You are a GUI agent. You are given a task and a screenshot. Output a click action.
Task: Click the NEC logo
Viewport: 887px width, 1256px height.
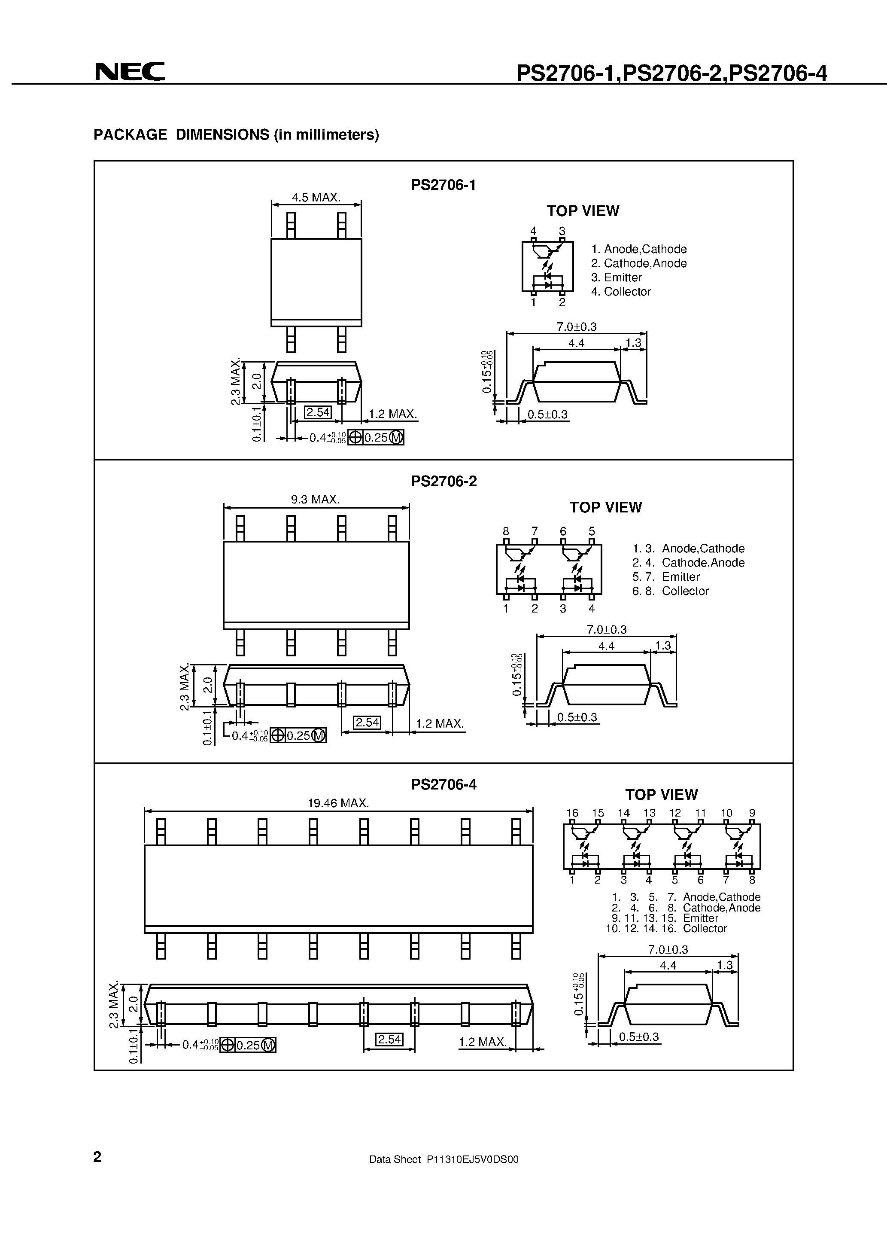pos(130,72)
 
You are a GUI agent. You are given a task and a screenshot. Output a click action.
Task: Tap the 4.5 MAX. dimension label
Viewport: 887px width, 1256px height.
pos(316,198)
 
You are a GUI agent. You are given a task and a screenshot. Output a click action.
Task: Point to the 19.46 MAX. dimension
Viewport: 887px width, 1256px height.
pos(338,803)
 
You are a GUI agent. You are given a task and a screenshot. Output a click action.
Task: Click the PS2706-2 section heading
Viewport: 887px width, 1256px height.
pos(443,482)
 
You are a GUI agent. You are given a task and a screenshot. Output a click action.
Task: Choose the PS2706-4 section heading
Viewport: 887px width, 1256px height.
pos(443,784)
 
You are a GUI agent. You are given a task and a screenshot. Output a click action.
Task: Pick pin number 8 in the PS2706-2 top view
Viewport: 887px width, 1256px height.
pos(506,531)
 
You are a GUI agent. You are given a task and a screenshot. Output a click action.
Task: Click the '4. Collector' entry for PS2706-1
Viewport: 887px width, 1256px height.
pos(621,292)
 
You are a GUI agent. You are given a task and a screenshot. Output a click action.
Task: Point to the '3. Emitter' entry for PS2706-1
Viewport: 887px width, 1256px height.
pos(617,277)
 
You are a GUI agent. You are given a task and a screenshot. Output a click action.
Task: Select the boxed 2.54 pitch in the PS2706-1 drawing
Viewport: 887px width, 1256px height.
pos(318,412)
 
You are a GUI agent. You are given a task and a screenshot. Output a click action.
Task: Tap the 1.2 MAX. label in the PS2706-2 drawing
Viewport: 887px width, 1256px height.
pos(440,724)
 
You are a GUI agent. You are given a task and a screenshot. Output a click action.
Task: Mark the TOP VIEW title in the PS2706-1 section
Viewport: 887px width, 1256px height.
pos(583,211)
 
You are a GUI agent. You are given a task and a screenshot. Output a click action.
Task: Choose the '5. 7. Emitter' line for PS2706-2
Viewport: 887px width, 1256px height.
pos(665,576)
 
